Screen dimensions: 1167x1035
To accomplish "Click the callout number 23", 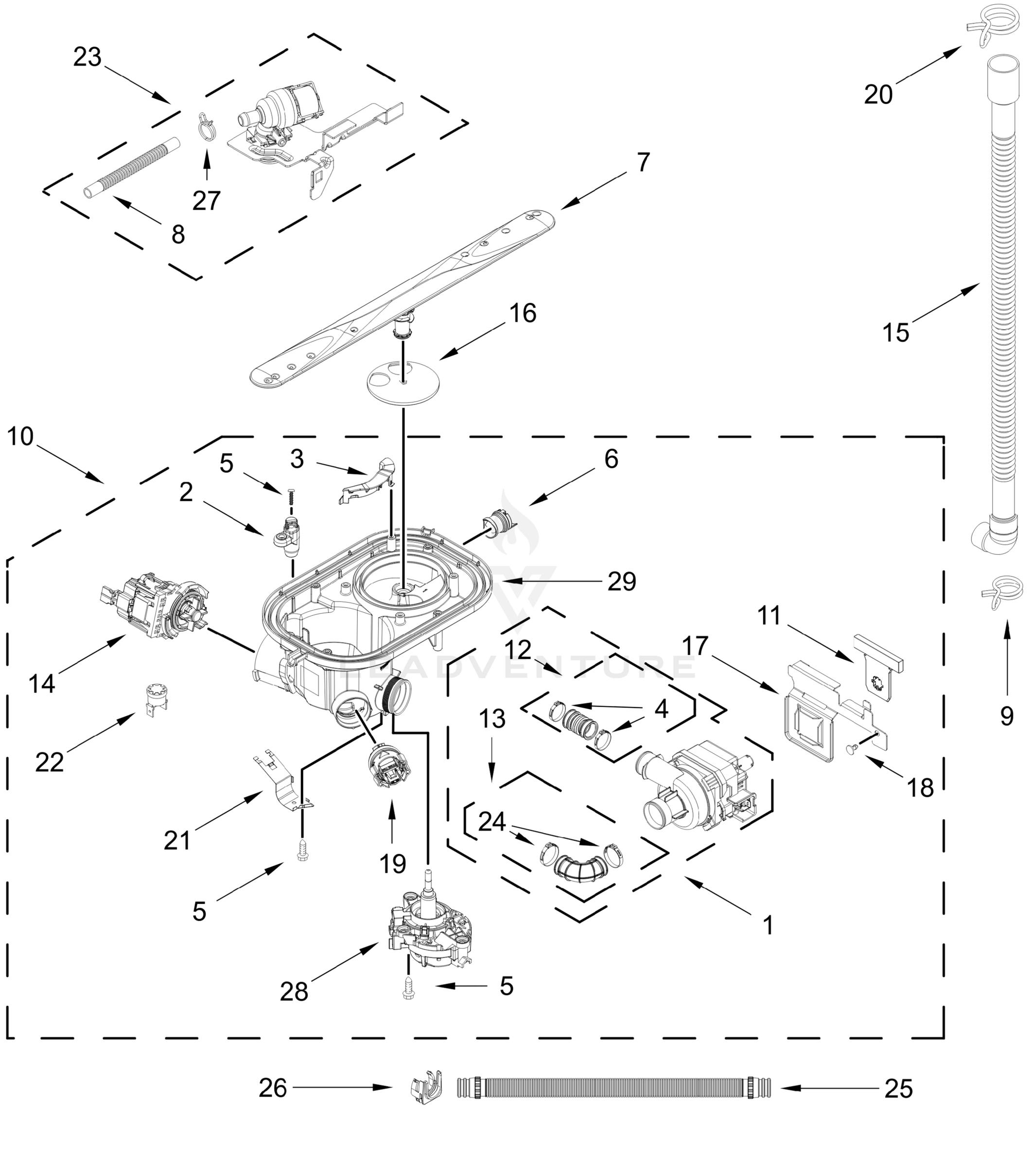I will pyautogui.click(x=88, y=57).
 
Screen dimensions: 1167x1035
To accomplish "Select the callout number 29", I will pyautogui.click(x=621, y=581).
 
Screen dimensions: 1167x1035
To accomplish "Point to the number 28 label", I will pyautogui.click(x=294, y=992).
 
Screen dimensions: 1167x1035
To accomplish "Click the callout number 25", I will pyautogui.click(x=898, y=1089).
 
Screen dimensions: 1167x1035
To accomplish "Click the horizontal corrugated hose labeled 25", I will pyautogui.click(x=614, y=1088).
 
